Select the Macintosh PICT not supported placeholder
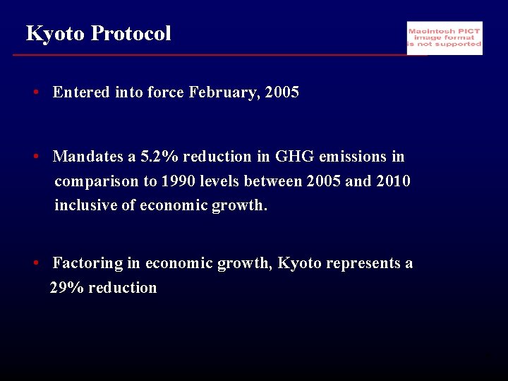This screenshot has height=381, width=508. [445, 38]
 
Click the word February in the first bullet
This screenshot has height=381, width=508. [224, 92]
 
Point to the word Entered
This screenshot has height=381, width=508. [81, 92]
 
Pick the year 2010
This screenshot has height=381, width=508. [393, 181]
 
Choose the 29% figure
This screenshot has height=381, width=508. [65, 288]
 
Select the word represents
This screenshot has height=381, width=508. [363, 264]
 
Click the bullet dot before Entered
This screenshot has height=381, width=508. [35, 92]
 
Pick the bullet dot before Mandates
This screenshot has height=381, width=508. [35, 157]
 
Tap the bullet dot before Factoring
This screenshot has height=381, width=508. [35, 264]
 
